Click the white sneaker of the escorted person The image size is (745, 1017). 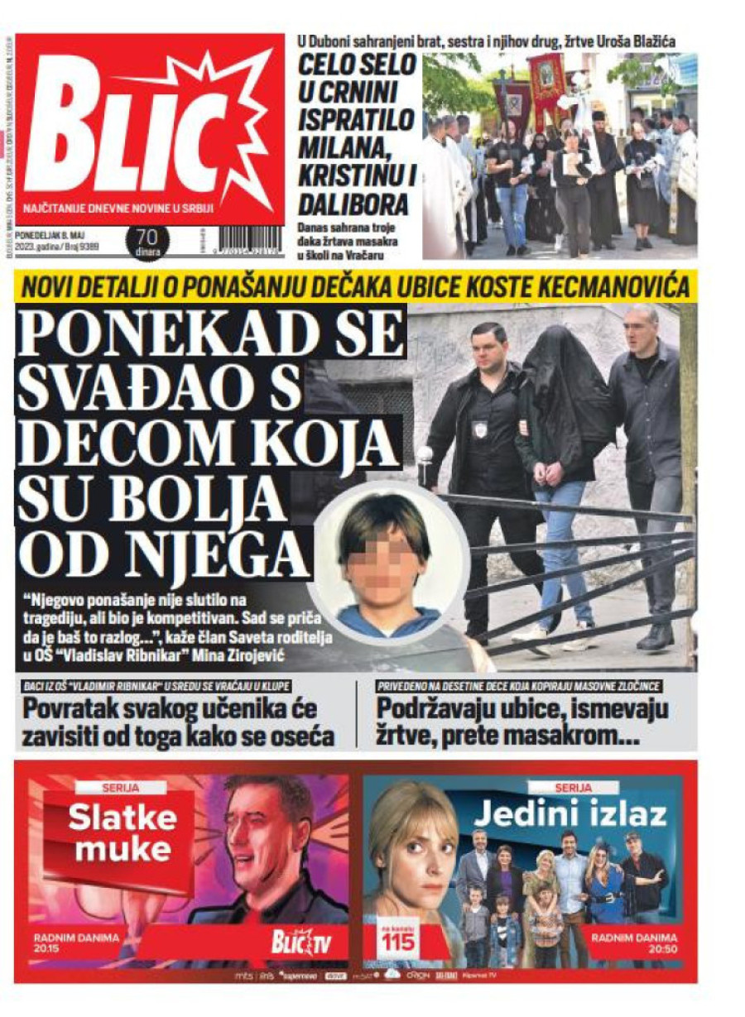(x=530, y=636)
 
